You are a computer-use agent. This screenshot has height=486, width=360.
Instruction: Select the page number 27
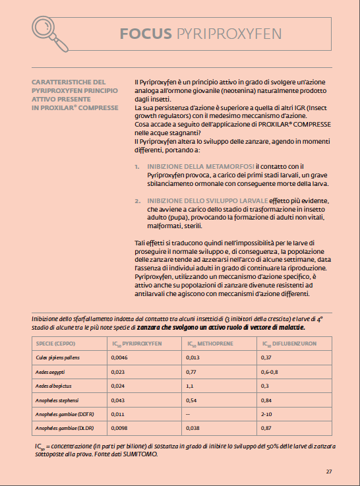point(329,471)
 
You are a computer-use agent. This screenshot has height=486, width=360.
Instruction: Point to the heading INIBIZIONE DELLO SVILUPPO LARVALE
point(207,200)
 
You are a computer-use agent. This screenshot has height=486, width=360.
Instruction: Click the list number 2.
point(137,200)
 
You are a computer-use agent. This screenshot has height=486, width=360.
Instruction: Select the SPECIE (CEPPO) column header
point(54,344)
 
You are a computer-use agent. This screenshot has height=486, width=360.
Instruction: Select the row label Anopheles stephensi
point(59,400)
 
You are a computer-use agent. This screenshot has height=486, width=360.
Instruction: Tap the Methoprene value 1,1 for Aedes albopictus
point(191,385)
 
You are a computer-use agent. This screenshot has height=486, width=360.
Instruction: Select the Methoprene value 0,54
point(193,400)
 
